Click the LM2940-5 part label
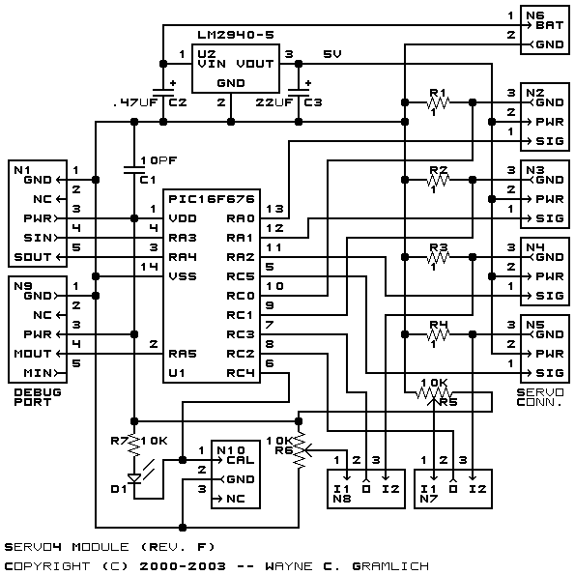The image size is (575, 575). tap(236, 35)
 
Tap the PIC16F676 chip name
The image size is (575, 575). tap(212, 199)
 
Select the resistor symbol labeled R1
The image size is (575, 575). tap(439, 102)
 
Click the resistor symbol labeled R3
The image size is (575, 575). tap(439, 257)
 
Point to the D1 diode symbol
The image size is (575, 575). tap(134, 478)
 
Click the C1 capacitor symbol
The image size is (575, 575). tap(134, 170)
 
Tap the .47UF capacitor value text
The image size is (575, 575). tap(135, 102)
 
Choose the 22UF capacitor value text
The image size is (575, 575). tap(274, 102)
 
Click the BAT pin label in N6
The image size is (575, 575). tap(549, 25)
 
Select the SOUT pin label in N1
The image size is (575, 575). tap(32, 257)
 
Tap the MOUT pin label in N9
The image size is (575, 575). tap(32, 354)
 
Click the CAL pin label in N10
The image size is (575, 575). tap(241, 460)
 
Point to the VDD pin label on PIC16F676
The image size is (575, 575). tap(183, 218)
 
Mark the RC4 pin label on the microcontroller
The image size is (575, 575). tap(241, 373)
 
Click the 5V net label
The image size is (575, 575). tap(332, 54)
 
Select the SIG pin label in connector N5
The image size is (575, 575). tap(549, 373)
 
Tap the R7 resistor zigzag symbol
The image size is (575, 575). tap(134, 446)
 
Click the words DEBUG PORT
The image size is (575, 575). tap(38, 397)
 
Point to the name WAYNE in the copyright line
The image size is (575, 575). tap(289, 566)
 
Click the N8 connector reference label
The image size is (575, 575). tap(342, 499)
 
